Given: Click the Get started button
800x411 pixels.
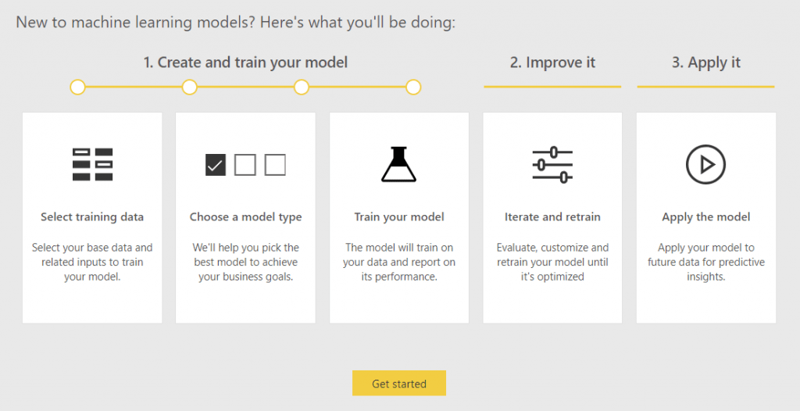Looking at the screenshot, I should tap(398, 384).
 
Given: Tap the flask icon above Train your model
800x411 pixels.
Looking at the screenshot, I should tap(398, 164).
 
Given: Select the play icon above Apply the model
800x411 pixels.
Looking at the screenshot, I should tap(705, 164).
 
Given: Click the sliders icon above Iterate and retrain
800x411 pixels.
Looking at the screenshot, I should tap(552, 164).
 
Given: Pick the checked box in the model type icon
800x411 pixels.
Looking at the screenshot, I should tap(215, 165).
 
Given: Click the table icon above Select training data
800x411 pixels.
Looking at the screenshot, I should tap(92, 164).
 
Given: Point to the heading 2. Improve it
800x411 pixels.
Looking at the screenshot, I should tap(552, 63).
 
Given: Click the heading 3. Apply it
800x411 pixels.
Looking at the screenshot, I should tap(705, 63).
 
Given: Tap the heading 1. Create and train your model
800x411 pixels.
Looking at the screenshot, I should tap(245, 63).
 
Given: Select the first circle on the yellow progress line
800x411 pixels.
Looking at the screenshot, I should tap(77, 88).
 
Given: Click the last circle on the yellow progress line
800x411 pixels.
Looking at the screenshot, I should tap(413, 88).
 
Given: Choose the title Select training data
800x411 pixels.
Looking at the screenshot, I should tap(92, 217).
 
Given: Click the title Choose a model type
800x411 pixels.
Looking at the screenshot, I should tap(245, 217).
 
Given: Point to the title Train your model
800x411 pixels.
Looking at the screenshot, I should tap(398, 217).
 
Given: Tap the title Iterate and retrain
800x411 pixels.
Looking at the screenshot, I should tap(552, 217).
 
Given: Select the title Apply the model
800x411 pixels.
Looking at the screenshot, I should tap(705, 217).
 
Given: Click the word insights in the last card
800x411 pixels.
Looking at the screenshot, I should tap(705, 277).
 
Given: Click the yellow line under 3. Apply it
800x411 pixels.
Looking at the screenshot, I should tap(705, 86).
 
